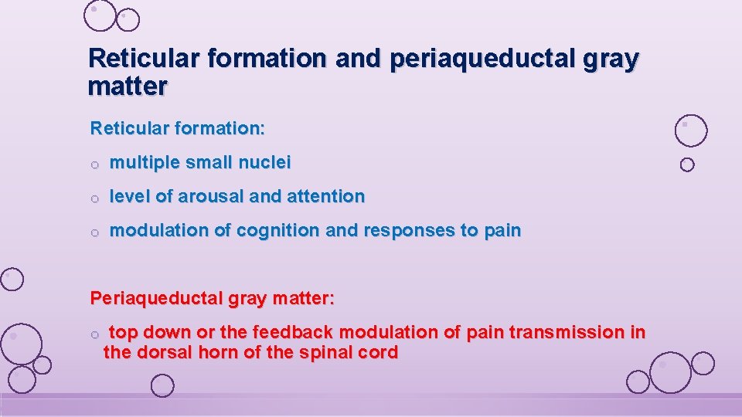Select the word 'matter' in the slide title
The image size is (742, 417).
click(x=128, y=86)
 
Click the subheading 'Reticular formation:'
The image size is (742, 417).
click(x=178, y=128)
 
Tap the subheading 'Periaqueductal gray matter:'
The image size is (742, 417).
click(x=213, y=297)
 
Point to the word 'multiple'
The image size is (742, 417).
click(x=143, y=163)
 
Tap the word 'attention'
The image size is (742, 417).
click(x=325, y=197)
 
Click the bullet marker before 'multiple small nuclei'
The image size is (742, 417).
click(x=94, y=164)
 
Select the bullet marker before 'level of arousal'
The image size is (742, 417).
click(x=94, y=198)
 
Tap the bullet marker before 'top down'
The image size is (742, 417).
click(x=94, y=334)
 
